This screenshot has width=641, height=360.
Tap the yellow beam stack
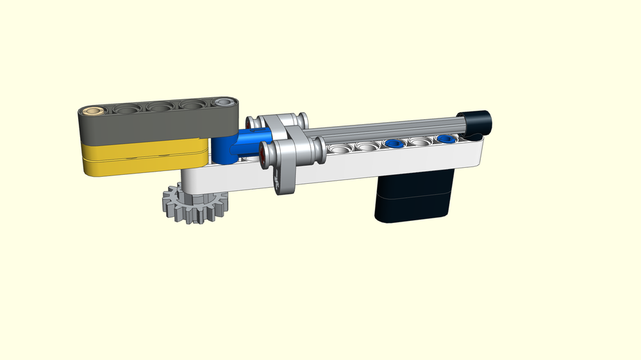coord(144,158)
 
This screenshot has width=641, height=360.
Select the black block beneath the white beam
coord(413,195)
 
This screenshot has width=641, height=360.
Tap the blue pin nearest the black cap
coord(446,138)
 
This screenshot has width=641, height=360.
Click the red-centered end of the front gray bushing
coord(263,153)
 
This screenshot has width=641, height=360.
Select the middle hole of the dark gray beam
coord(160,107)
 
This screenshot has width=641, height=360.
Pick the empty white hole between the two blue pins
coord(420,142)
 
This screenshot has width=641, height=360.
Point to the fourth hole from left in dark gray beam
coord(192,104)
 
